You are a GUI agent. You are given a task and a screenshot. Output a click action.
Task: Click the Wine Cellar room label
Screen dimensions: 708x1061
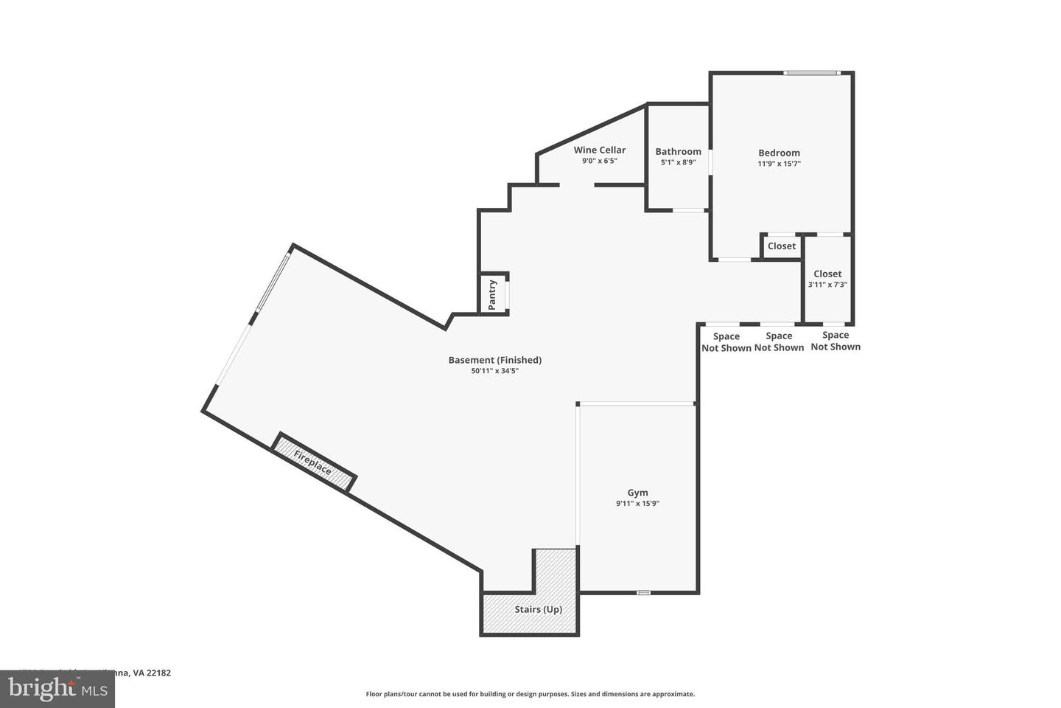coord(599,150)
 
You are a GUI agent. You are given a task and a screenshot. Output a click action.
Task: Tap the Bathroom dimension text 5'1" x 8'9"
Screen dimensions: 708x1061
coord(678,162)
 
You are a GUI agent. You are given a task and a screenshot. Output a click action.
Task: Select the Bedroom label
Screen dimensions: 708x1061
coord(779,153)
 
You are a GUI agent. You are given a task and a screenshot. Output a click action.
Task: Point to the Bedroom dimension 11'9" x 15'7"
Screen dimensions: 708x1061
coord(779,164)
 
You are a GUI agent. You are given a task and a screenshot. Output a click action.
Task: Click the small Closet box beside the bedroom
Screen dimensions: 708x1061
coord(781,246)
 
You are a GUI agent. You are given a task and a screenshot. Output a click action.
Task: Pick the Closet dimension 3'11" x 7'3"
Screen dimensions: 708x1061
coord(827,285)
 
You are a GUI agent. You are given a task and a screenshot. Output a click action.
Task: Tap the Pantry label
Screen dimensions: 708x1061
coord(493,294)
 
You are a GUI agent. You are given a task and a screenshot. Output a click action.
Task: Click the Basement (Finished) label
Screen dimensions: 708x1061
coord(494,360)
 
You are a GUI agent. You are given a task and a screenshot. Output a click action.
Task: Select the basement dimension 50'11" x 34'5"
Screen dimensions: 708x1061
coord(494,371)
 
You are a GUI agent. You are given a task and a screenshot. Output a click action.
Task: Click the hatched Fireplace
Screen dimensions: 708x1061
coord(313,462)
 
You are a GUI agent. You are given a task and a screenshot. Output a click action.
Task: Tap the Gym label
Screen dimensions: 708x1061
coord(637,493)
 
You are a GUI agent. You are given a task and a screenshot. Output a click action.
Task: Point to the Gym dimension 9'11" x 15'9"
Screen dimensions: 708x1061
coord(637,504)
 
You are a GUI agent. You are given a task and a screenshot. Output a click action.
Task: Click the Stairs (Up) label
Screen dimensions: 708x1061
coord(538,609)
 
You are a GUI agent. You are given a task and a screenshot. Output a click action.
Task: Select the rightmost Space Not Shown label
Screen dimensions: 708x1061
coord(836,341)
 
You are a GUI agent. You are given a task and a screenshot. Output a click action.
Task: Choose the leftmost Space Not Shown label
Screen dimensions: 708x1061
coord(726,342)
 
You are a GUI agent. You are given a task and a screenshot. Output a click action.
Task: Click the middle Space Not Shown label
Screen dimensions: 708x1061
coord(779,341)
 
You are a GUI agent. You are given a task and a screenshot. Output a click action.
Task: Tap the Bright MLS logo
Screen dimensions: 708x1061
coord(57,689)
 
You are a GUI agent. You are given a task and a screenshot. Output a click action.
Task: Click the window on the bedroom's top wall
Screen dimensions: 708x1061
coord(810,72)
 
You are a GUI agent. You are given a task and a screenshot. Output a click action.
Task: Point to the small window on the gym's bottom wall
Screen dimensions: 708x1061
coord(643,592)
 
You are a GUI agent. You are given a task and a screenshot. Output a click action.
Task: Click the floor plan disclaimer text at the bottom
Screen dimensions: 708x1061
coord(530,694)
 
